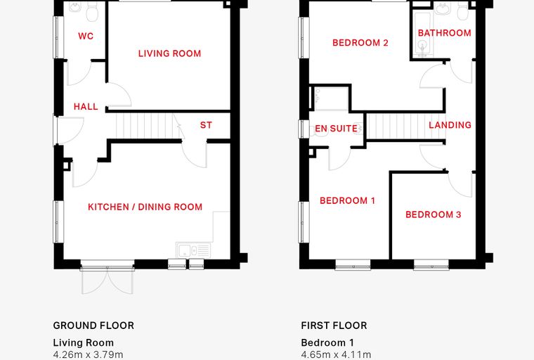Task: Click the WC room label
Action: pos(86,36)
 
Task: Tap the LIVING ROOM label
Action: pos(169,53)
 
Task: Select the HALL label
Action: pos(86,107)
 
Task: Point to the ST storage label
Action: pos(206,125)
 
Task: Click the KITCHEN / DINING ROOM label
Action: pos(145,207)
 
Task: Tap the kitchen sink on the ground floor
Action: pos(193,250)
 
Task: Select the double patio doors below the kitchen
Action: pos(108,281)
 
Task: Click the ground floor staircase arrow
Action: pos(178,127)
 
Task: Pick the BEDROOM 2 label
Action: pos(360,43)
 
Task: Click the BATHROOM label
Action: pos(445,33)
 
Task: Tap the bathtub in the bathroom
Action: pos(422,33)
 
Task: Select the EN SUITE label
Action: pos(336,129)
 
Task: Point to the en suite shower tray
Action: pos(331,98)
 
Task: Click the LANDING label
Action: pos(450,125)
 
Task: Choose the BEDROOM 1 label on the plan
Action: pos(347,200)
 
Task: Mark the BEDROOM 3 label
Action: pos(434,214)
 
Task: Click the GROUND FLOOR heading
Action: pos(93,326)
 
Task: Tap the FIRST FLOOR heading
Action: pos(334,326)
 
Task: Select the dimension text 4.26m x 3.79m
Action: pos(89,355)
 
